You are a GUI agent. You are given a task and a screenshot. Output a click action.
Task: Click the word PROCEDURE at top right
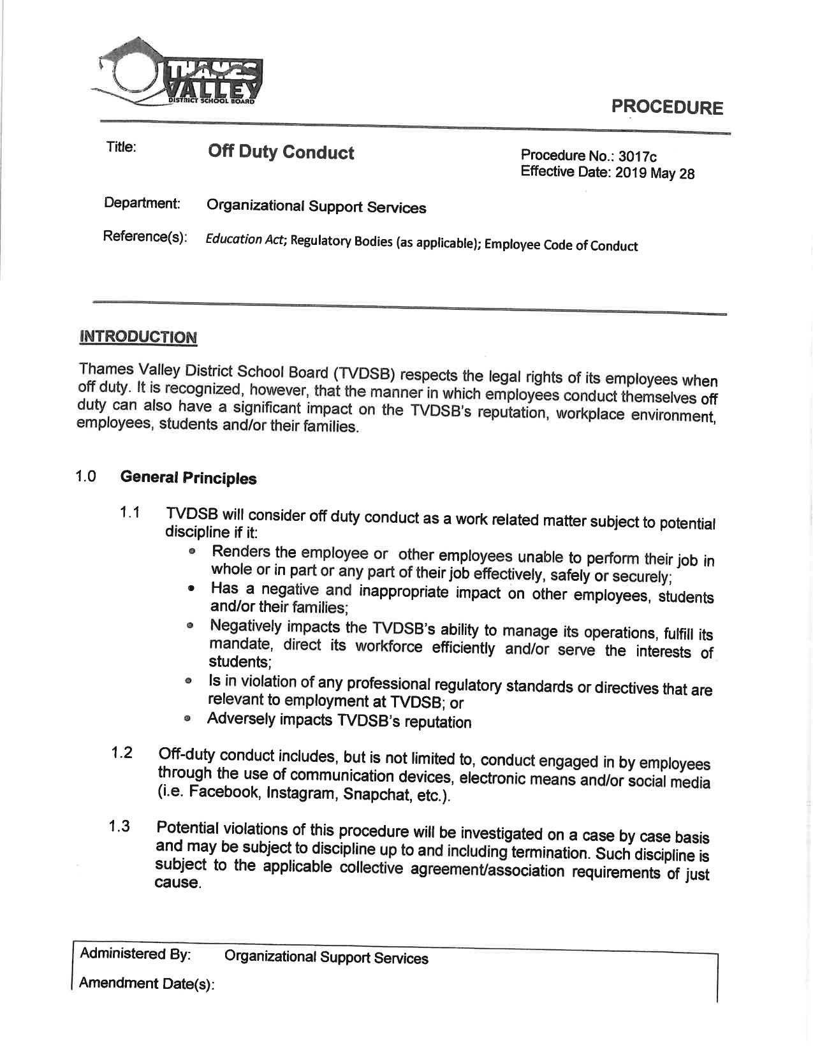pos(667,106)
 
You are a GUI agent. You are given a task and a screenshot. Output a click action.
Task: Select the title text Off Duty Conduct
pos(281,152)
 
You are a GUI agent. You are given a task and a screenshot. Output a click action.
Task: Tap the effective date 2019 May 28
pos(654,173)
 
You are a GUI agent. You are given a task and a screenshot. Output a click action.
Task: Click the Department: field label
pos(142,203)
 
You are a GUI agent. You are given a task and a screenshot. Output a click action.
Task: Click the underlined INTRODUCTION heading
pos(138,337)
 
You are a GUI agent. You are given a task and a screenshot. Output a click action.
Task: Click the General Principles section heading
pos(188,478)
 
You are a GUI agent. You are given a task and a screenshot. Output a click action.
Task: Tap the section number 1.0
pos(85,476)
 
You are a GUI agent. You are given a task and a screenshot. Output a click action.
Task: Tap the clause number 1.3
pos(119,826)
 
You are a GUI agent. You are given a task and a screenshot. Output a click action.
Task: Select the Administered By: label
pos(135,954)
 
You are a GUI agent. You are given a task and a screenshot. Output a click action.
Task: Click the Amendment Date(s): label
pos(147,983)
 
